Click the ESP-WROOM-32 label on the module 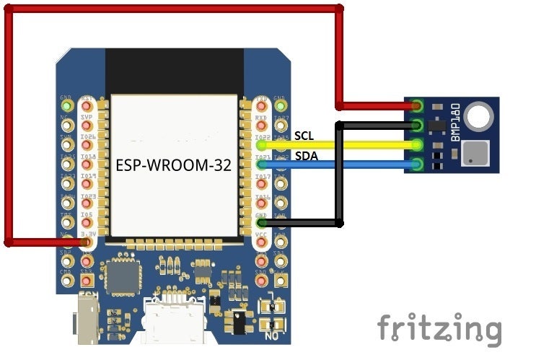point(173,165)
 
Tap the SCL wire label point(304,135)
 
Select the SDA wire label point(304,156)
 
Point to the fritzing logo point(439,329)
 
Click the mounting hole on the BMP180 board point(478,115)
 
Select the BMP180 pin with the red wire point(417,107)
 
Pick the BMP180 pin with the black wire point(417,126)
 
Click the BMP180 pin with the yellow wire point(417,145)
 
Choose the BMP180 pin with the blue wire point(417,164)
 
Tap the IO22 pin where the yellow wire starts point(262,145)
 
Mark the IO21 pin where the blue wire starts point(262,165)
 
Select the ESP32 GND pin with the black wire point(262,224)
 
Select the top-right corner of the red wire point(340,9)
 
